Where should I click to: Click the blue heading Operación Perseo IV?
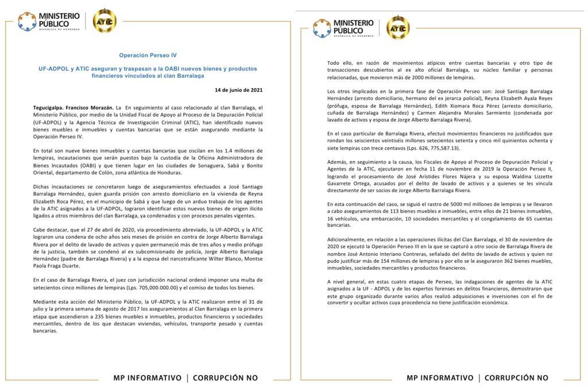pyautogui.click(x=148, y=56)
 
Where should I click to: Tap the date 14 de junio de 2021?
pyautogui.click(x=239, y=90)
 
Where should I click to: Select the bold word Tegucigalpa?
pyautogui.click(x=52, y=107)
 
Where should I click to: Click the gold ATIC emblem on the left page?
pyautogui.click(x=105, y=21)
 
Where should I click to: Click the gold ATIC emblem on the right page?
pyautogui.click(x=398, y=27)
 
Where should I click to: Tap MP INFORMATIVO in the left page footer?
pyautogui.click(x=148, y=378)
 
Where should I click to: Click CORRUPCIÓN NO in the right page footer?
pyautogui.click(x=516, y=378)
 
